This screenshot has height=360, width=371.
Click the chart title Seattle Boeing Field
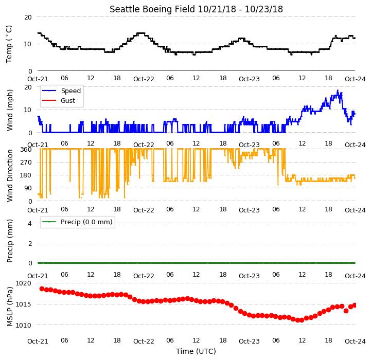click(x=152, y=9)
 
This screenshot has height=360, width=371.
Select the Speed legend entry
click(x=62, y=91)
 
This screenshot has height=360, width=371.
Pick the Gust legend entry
click(x=59, y=100)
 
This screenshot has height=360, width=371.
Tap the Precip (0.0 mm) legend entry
click(x=77, y=222)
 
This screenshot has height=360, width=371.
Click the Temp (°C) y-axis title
click(x=9, y=44)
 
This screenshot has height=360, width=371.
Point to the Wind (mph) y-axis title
click(x=9, y=110)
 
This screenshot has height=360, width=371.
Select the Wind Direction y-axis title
click(x=9, y=175)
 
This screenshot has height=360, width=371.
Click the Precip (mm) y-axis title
click(x=9, y=241)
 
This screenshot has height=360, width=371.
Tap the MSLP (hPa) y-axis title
click(x=9, y=307)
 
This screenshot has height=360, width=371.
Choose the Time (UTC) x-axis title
click(x=196, y=351)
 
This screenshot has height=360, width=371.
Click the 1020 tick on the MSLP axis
click(x=24, y=283)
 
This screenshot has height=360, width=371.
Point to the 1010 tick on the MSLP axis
click(x=24, y=325)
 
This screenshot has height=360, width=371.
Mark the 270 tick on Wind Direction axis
click(x=26, y=163)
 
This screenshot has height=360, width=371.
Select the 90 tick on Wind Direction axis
click(x=28, y=188)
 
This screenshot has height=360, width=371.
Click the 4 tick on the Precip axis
click(x=29, y=223)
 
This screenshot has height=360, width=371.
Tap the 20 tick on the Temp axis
click(x=28, y=17)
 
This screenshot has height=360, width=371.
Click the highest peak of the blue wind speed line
click(x=338, y=91)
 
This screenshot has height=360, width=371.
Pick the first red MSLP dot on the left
click(x=42, y=289)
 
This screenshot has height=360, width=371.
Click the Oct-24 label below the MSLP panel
click(x=355, y=341)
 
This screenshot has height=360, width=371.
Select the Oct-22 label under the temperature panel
click(x=144, y=79)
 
